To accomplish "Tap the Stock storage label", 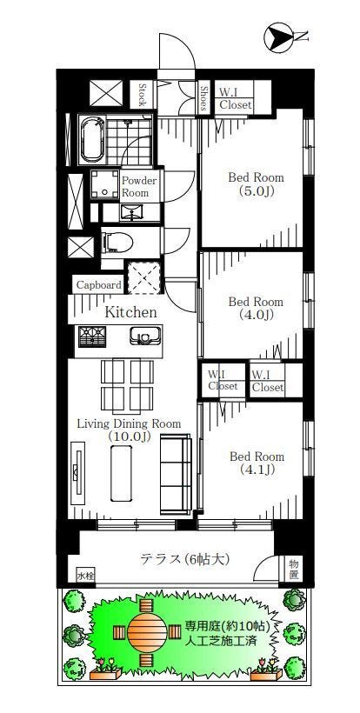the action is (x=142, y=94).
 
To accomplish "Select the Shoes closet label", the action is (x=203, y=98).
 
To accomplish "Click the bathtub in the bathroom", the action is (x=92, y=139).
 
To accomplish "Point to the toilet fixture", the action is (x=117, y=242).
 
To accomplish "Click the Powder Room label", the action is (x=139, y=186).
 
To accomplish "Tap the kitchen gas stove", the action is (x=92, y=337).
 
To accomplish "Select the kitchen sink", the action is (x=143, y=336).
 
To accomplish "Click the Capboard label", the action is (x=98, y=285).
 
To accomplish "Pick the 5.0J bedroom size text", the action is (x=256, y=191).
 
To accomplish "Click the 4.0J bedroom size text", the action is (x=256, y=314).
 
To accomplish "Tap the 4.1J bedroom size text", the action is (x=257, y=470).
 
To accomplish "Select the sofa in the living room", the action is (x=176, y=474).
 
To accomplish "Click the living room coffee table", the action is (x=122, y=473).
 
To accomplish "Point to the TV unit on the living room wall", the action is (x=77, y=472).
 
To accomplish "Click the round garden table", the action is (x=147, y=632).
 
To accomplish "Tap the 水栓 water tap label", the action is (x=85, y=576).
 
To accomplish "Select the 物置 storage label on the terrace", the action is (x=294, y=570).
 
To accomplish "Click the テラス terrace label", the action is (x=184, y=559).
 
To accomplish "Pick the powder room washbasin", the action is (x=131, y=212).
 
